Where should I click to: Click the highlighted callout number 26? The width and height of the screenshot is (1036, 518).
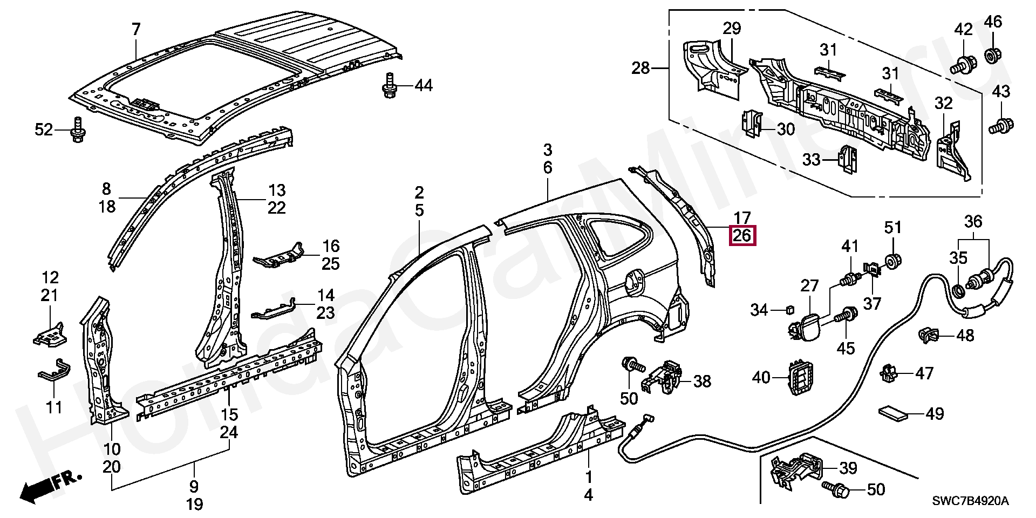coord(742,236)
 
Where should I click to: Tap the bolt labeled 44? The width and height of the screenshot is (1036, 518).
coord(387,85)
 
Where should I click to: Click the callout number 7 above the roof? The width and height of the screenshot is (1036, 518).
coord(135,30)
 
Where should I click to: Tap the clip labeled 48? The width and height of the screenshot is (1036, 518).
coord(928,336)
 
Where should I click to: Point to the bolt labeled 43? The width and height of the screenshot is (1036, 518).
coord(1001,127)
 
